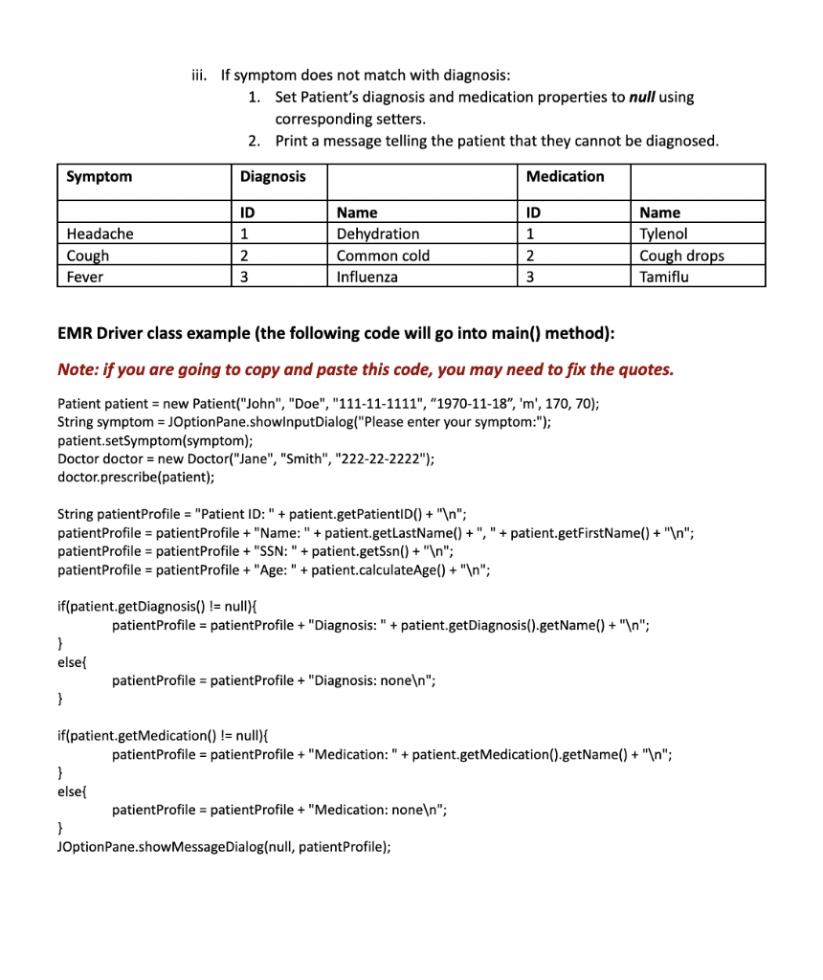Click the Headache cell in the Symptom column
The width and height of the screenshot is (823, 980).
click(100, 234)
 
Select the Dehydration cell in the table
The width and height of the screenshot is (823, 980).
click(378, 234)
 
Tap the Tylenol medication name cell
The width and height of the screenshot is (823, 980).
click(663, 234)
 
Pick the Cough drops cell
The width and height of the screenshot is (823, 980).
click(681, 256)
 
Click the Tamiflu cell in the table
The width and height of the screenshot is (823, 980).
click(664, 277)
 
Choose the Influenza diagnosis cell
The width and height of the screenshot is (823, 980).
click(367, 277)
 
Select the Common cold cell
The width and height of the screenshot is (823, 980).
click(383, 256)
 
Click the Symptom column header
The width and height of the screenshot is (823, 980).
click(100, 176)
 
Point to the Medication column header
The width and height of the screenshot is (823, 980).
click(566, 176)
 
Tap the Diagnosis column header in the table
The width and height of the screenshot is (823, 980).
click(273, 176)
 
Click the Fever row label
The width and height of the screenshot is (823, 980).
click(85, 277)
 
